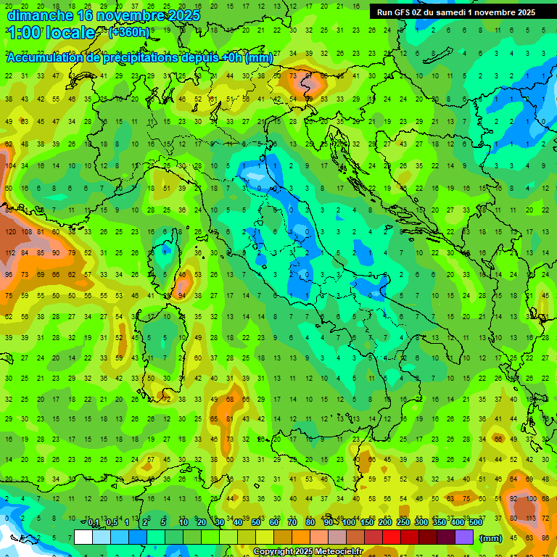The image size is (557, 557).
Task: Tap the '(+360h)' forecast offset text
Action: coord(129,32)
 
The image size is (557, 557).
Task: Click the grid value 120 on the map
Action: coord(10,233)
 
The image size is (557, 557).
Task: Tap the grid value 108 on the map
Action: coord(26,233)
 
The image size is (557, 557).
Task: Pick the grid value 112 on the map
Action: coord(10,253)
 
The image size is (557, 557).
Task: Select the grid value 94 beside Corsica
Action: coord(181,296)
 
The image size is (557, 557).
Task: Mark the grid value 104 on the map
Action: coord(10,166)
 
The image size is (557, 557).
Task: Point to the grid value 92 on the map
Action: coord(513,499)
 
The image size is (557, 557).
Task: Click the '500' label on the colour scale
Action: coord(475,523)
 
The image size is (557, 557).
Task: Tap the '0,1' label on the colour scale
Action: coord(94,523)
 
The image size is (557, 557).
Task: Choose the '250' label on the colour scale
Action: coord(403,523)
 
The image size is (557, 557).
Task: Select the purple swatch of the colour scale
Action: coord(464,537)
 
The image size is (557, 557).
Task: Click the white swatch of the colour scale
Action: coord(83,537)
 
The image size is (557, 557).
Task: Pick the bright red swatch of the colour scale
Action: coord(392,537)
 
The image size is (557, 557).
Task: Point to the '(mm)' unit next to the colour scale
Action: coord(491,538)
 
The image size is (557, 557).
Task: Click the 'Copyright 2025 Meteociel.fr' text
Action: coord(318,552)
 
